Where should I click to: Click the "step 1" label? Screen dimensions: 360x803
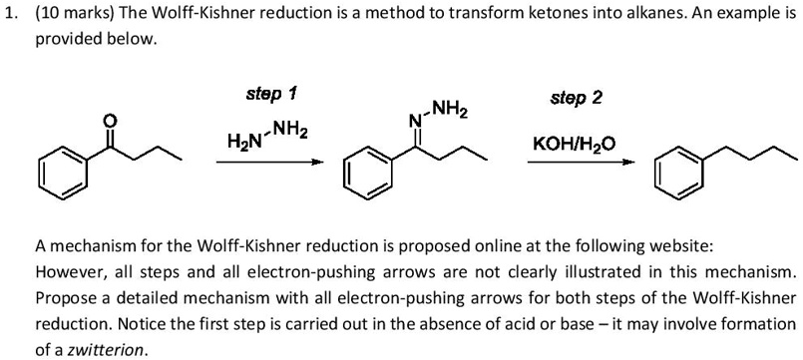point(271,94)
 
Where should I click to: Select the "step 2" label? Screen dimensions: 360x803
point(576,99)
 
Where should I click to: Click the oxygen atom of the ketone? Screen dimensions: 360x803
point(110,121)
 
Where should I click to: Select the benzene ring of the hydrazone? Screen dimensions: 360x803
point(364,173)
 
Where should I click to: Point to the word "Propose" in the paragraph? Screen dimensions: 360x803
point(67,298)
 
